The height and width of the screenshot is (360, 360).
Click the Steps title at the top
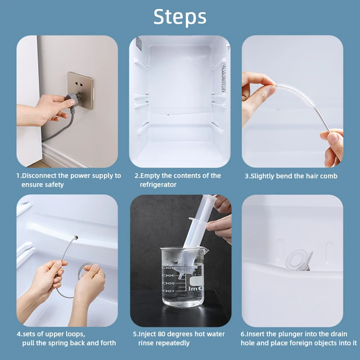tap(180, 17)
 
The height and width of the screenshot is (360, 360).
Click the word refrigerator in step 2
tap(158, 184)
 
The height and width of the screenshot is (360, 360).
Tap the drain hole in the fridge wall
tap(76, 235)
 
